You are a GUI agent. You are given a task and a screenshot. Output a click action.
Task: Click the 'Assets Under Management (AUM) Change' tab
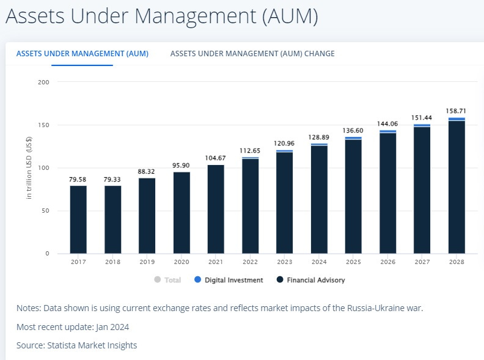[252, 54]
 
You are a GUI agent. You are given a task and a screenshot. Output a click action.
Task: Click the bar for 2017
[78, 219]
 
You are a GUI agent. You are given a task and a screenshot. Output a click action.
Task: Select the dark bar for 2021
[216, 209]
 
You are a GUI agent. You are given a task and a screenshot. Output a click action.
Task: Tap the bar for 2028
[457, 186]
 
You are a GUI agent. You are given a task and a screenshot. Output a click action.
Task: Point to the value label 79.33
[112, 180]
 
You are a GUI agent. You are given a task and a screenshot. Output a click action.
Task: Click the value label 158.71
[456, 111]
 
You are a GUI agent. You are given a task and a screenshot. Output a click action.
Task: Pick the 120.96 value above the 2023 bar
[284, 144]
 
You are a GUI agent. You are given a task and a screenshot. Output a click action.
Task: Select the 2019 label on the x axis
[147, 262]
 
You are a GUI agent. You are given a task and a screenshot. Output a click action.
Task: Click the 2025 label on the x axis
[353, 262]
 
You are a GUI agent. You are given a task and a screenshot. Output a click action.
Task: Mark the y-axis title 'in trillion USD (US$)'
[29, 167]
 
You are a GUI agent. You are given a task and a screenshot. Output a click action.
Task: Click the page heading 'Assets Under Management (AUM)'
[162, 17]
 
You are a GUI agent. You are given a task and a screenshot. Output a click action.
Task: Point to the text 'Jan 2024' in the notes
[110, 326]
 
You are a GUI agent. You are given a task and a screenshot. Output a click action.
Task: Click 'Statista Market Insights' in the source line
[91, 345]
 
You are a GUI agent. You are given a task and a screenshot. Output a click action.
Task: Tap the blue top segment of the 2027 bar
[422, 125]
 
